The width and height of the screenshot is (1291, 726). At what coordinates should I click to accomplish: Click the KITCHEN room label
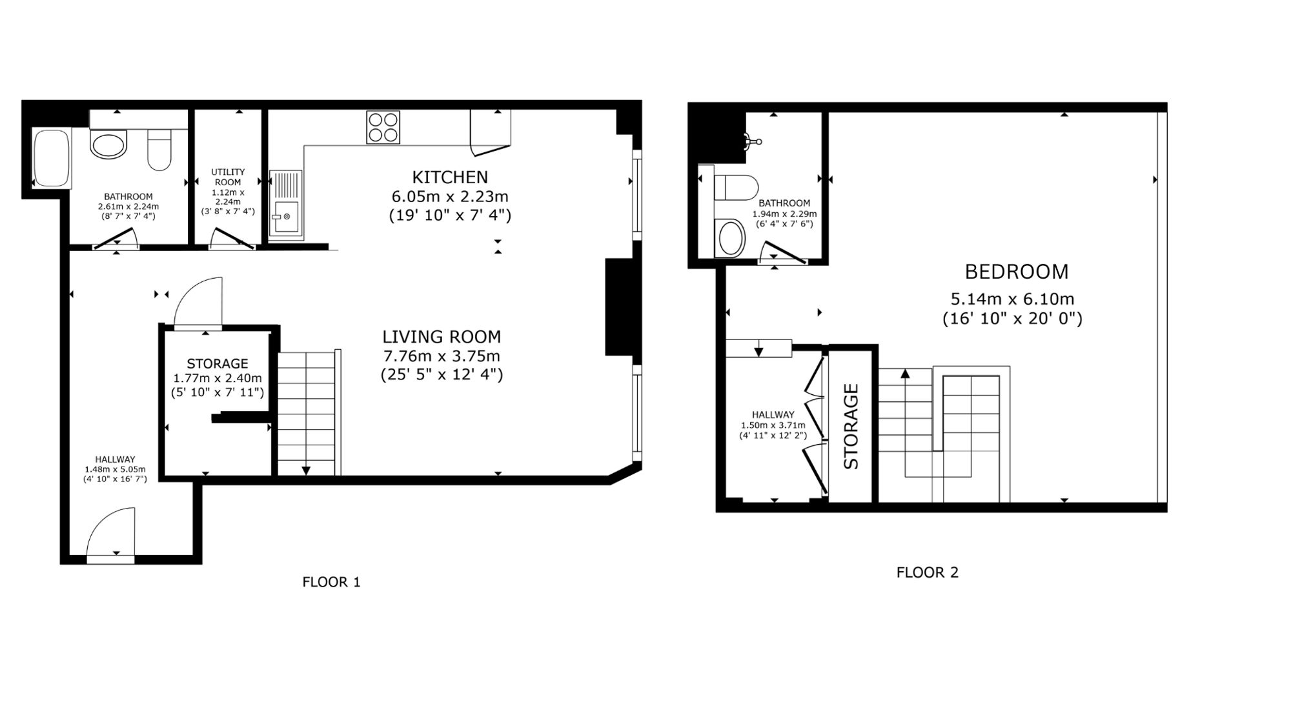coord(450,177)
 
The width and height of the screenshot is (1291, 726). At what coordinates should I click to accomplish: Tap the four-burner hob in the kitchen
coord(383,127)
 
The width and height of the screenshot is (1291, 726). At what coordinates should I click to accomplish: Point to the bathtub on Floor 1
coord(52,159)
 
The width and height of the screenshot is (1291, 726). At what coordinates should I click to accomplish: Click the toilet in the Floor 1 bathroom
coord(159,150)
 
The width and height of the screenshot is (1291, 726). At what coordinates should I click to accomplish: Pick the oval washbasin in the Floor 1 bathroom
coord(108,145)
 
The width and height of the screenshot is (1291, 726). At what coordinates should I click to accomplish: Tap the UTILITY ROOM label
coord(228,177)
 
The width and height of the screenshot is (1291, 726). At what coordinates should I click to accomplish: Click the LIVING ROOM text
coord(442,337)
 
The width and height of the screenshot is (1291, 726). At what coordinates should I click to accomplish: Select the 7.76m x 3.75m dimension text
coord(442,356)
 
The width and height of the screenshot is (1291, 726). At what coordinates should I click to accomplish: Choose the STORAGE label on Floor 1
coord(218,363)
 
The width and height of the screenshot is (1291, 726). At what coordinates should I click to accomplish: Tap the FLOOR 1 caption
coord(331,582)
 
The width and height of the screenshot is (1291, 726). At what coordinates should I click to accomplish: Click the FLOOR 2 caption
coord(928,572)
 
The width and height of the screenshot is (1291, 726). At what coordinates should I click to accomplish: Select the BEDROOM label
coord(1017,272)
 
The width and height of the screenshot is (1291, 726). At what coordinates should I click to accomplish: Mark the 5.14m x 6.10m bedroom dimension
coord(1012,299)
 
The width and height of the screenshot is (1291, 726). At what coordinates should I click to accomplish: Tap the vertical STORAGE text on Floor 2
coord(851,427)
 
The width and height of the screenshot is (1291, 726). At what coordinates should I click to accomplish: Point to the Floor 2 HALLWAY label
coord(773,415)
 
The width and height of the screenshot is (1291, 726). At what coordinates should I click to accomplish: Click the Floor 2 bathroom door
coord(784,252)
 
